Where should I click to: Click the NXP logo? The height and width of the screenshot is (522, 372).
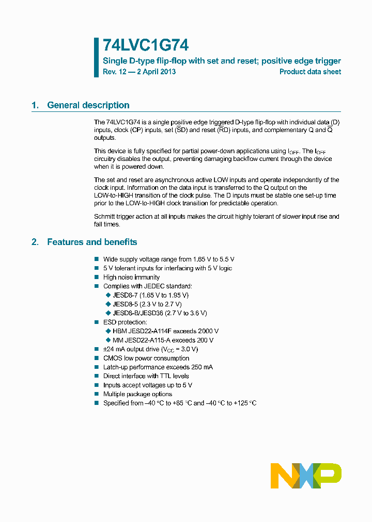click(306, 475)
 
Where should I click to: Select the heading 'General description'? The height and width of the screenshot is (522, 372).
click(88, 105)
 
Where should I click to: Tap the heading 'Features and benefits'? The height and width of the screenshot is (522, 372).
click(92, 242)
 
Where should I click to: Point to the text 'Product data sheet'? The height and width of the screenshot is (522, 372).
click(310, 72)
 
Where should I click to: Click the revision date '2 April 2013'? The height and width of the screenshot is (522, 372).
click(157, 72)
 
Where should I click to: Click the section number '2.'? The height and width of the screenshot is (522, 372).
click(35, 242)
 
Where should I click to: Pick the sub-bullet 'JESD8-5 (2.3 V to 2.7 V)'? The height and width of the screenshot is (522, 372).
click(147, 304)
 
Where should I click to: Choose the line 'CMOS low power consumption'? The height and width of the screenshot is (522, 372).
click(146, 358)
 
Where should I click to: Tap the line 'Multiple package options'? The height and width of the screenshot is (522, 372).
click(137, 394)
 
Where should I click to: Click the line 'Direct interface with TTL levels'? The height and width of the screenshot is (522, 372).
click(146, 376)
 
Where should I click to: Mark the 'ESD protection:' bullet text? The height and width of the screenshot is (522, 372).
click(125, 322)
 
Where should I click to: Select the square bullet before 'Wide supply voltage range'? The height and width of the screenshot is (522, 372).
click(97, 259)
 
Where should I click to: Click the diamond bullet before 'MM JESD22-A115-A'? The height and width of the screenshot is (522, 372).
click(108, 340)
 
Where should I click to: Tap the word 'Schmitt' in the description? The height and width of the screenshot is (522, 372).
click(105, 217)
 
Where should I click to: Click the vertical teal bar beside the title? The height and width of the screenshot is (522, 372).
click(96, 57)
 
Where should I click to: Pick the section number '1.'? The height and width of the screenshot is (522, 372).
click(35, 105)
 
